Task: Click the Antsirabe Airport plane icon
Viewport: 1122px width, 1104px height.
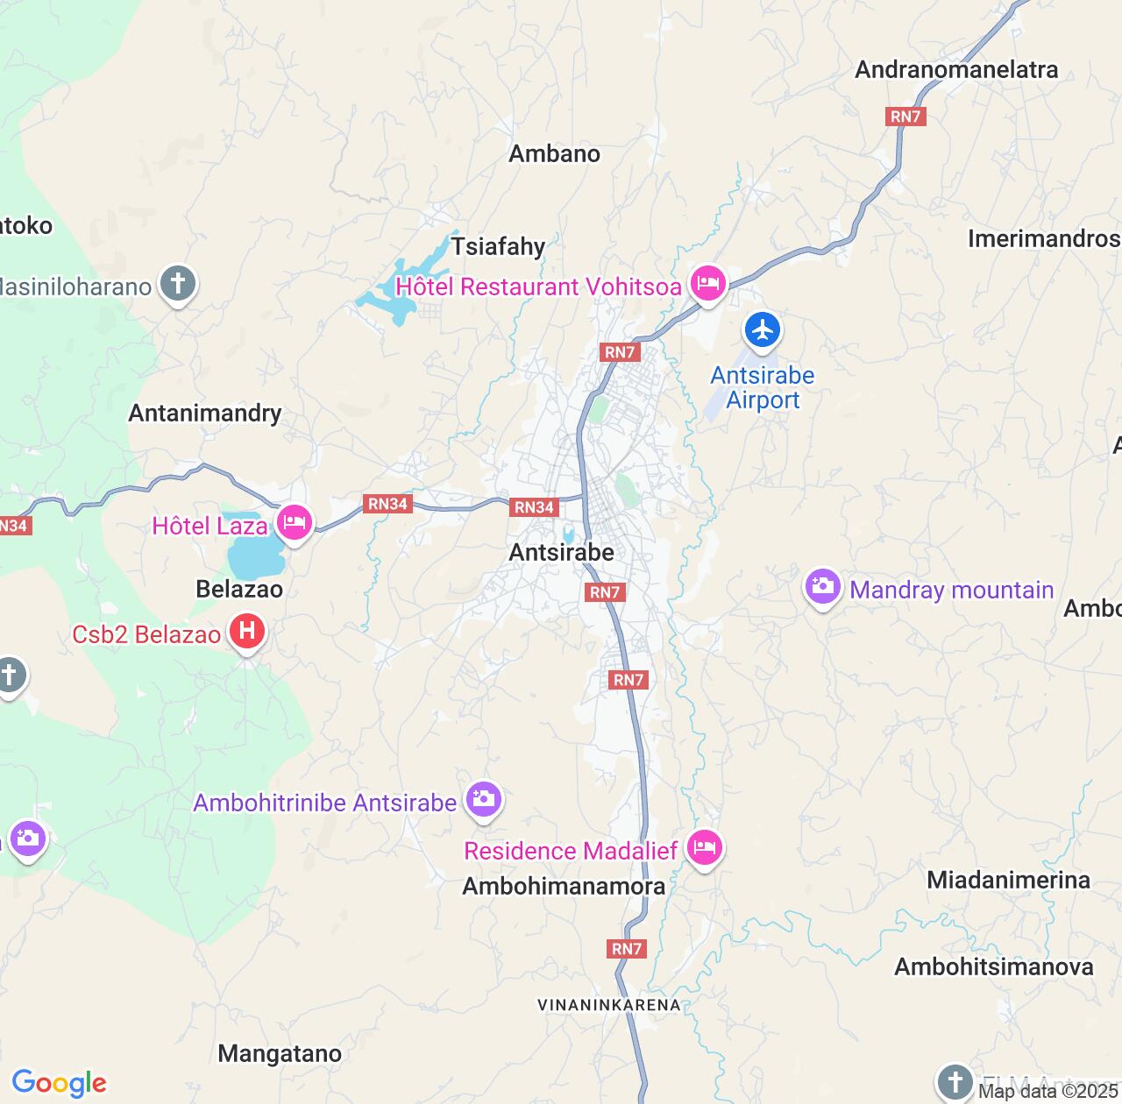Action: pyautogui.click(x=763, y=330)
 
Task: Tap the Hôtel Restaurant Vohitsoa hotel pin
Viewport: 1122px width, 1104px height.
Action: pyautogui.click(x=707, y=284)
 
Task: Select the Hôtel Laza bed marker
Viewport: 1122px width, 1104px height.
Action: pyautogui.click(x=294, y=523)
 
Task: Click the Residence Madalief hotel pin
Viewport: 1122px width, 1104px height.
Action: pyautogui.click(x=703, y=848)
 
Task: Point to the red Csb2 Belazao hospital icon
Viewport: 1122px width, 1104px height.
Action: pyautogui.click(x=247, y=631)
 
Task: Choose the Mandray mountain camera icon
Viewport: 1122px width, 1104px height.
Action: pyautogui.click(x=822, y=587)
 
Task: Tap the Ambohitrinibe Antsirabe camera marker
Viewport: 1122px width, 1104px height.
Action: pyautogui.click(x=483, y=799)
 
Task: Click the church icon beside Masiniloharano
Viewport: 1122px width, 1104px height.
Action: pyautogui.click(x=178, y=284)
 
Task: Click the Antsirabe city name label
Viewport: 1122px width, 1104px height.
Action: pyautogui.click(x=561, y=552)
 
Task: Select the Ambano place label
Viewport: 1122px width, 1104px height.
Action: pyautogui.click(x=554, y=153)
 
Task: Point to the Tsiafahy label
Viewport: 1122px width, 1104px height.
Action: pyautogui.click(x=498, y=246)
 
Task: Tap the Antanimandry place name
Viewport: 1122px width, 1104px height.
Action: pyautogui.click(x=205, y=413)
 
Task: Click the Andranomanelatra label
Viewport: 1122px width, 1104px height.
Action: pyautogui.click(x=956, y=69)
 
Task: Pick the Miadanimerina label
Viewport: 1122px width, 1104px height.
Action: pyautogui.click(x=1008, y=880)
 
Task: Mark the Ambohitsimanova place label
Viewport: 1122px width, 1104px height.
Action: pyautogui.click(x=993, y=966)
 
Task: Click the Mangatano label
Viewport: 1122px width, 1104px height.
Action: pyautogui.click(x=280, y=1053)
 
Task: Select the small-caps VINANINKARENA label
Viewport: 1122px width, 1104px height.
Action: pyautogui.click(x=609, y=1005)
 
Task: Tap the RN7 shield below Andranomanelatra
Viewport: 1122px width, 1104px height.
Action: pyautogui.click(x=905, y=117)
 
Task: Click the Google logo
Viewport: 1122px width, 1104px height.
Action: pyautogui.click(x=59, y=1083)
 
